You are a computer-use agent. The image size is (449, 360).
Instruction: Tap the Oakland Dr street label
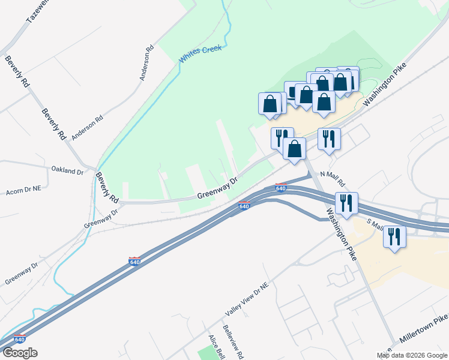click(x=67, y=171)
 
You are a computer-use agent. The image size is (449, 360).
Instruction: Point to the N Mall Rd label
click(x=333, y=178)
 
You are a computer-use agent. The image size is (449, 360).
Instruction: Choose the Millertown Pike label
click(x=423, y=334)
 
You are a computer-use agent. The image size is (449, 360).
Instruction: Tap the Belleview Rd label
click(x=233, y=343)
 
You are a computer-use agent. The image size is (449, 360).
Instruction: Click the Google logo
click(x=19, y=353)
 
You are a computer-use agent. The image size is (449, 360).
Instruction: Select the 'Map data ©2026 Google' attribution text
click(x=412, y=355)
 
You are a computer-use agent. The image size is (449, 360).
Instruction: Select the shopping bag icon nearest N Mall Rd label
click(x=294, y=148)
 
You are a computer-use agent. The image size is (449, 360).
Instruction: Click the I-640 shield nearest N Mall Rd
click(x=280, y=188)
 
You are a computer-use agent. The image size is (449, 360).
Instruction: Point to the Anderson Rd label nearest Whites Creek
click(x=147, y=62)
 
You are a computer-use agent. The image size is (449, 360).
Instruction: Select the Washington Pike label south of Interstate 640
click(x=342, y=235)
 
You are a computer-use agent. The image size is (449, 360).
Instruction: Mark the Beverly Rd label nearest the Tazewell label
click(x=17, y=72)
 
